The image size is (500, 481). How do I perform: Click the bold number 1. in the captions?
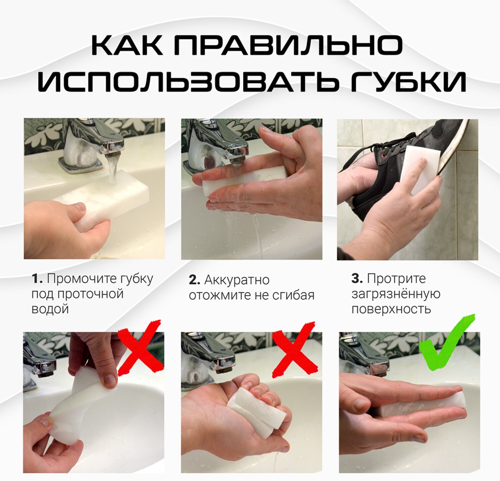click(37, 279)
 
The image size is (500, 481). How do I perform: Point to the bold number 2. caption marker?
click(194, 280)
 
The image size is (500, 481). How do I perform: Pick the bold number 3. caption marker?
click(357, 279)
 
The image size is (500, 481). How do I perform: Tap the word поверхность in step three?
click(391, 310)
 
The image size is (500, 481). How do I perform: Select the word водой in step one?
click(50, 309)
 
